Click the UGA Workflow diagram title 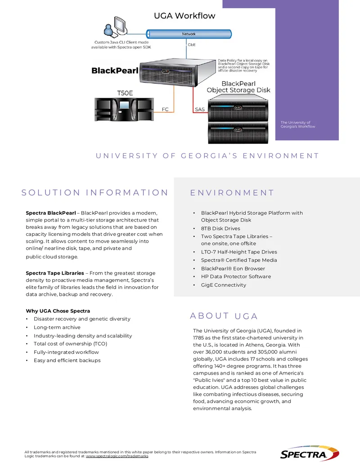[184, 16]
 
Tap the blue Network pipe [189, 34]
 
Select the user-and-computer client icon [116, 27]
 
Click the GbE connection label [192, 45]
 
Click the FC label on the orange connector [165, 109]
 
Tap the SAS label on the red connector [200, 109]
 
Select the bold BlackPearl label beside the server [115, 71]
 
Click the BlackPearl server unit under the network [178, 72]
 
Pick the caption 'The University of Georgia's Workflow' [297, 124]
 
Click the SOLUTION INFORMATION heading [95, 193]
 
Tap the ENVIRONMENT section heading [232, 193]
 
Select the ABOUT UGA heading [224, 316]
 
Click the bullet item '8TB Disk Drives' [220, 229]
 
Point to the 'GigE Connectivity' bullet [223, 285]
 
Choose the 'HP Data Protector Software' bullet [236, 277]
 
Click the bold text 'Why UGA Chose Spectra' [58, 311]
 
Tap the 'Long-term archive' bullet [57, 327]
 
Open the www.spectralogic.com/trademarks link [117, 456]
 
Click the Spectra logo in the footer [310, 453]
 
